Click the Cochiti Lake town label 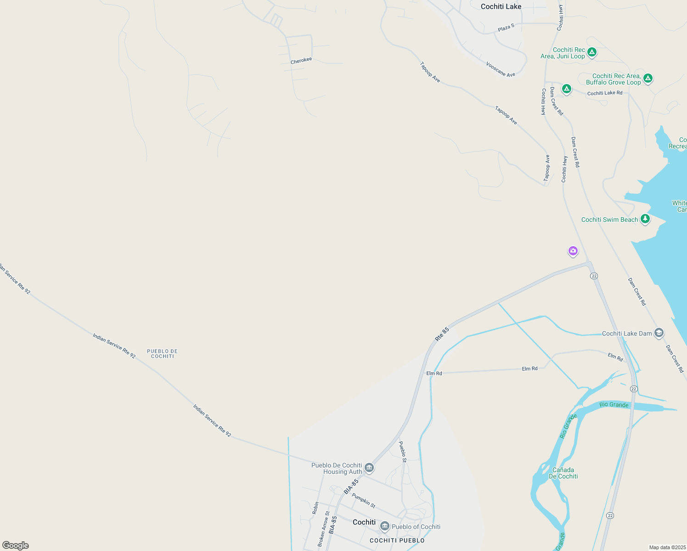click(x=501, y=6)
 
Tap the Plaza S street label click(x=506, y=28)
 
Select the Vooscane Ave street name click(x=501, y=69)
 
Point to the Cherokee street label click(x=301, y=61)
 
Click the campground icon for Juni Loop click(x=592, y=52)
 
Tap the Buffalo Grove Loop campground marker click(x=648, y=79)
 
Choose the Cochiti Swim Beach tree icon click(x=645, y=219)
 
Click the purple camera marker click(x=573, y=251)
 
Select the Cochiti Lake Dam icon click(x=659, y=333)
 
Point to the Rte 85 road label click(x=442, y=334)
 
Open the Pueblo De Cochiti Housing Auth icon click(x=369, y=468)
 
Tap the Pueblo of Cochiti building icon click(x=385, y=526)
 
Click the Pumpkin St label click(x=364, y=500)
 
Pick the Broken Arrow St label click(x=324, y=529)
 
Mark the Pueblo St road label click(x=402, y=452)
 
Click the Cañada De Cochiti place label click(x=563, y=473)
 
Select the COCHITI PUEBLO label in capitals click(x=397, y=540)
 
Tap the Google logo click(x=16, y=545)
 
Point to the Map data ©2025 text click(x=667, y=547)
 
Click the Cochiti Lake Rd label click(x=605, y=93)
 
